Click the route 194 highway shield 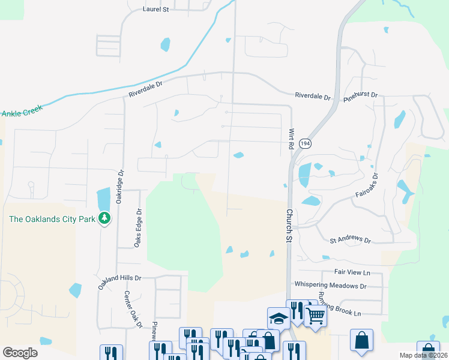point(306,144)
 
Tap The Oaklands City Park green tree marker point(105,218)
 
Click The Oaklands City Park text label point(52,219)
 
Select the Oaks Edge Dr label point(138,228)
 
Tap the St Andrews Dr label point(351,239)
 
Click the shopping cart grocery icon point(315,314)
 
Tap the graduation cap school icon point(279,317)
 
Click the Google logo point(20,353)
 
